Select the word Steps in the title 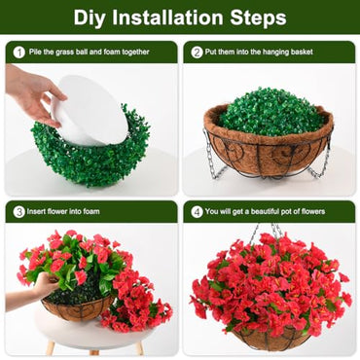click(259, 18)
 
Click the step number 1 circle click(18, 52)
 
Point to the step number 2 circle click(197, 52)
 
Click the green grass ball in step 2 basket click(270, 111)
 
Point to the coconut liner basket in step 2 click(270, 151)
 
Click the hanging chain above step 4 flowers click(267, 234)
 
